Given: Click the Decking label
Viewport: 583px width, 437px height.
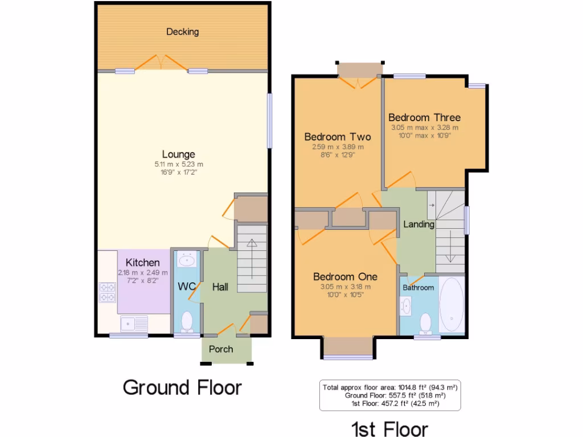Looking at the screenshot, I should (x=182, y=32).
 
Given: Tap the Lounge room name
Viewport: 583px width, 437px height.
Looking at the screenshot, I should (x=178, y=154).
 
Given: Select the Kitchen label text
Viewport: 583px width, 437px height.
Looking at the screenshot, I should (x=142, y=263).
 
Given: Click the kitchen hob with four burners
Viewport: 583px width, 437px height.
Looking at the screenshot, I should (x=108, y=292).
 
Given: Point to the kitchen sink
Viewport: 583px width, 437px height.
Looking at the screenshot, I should (x=134, y=323).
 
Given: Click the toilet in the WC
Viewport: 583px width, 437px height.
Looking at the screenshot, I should (x=187, y=323).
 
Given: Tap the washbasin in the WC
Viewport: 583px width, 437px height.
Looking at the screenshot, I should (x=186, y=261).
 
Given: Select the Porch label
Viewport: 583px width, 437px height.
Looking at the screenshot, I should (x=220, y=349).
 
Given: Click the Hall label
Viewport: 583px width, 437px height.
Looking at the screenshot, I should (x=220, y=287).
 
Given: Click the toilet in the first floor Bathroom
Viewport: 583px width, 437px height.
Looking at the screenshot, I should (x=425, y=324).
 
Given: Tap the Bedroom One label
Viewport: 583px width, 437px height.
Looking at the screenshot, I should (x=345, y=277).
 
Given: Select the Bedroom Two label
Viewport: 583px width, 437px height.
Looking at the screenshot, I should (x=337, y=137).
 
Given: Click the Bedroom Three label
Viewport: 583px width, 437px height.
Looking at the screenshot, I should (x=424, y=118).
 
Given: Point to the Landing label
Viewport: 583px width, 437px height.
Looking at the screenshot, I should (x=418, y=224).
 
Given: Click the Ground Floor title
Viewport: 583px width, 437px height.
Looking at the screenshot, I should (x=182, y=387).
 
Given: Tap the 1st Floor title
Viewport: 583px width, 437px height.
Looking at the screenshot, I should (x=389, y=428).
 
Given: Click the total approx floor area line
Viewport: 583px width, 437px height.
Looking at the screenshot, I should (x=390, y=387).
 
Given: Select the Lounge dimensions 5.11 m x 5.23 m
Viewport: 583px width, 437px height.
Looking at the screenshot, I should (x=178, y=164).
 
